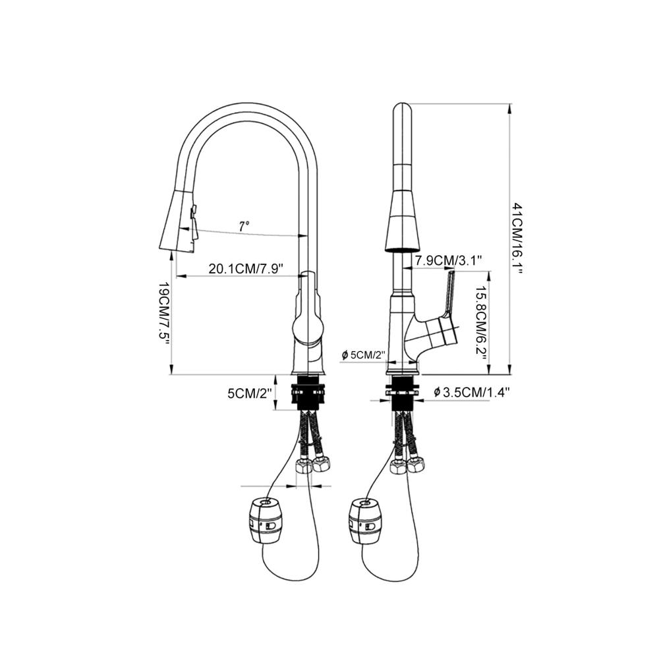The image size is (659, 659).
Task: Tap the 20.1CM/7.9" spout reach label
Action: click(x=246, y=269)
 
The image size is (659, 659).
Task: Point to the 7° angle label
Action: click(x=244, y=227)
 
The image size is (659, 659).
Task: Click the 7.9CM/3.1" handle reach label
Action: click(x=448, y=260)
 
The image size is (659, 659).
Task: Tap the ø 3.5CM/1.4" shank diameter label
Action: click(x=472, y=393)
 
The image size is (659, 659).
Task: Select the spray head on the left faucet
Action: click(x=178, y=223)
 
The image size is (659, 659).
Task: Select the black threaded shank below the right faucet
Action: click(x=403, y=393)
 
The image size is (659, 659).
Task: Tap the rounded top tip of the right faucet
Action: click(x=403, y=107)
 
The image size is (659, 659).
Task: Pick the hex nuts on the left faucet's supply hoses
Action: click(x=312, y=465)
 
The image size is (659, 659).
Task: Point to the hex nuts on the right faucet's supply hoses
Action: click(x=407, y=465)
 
